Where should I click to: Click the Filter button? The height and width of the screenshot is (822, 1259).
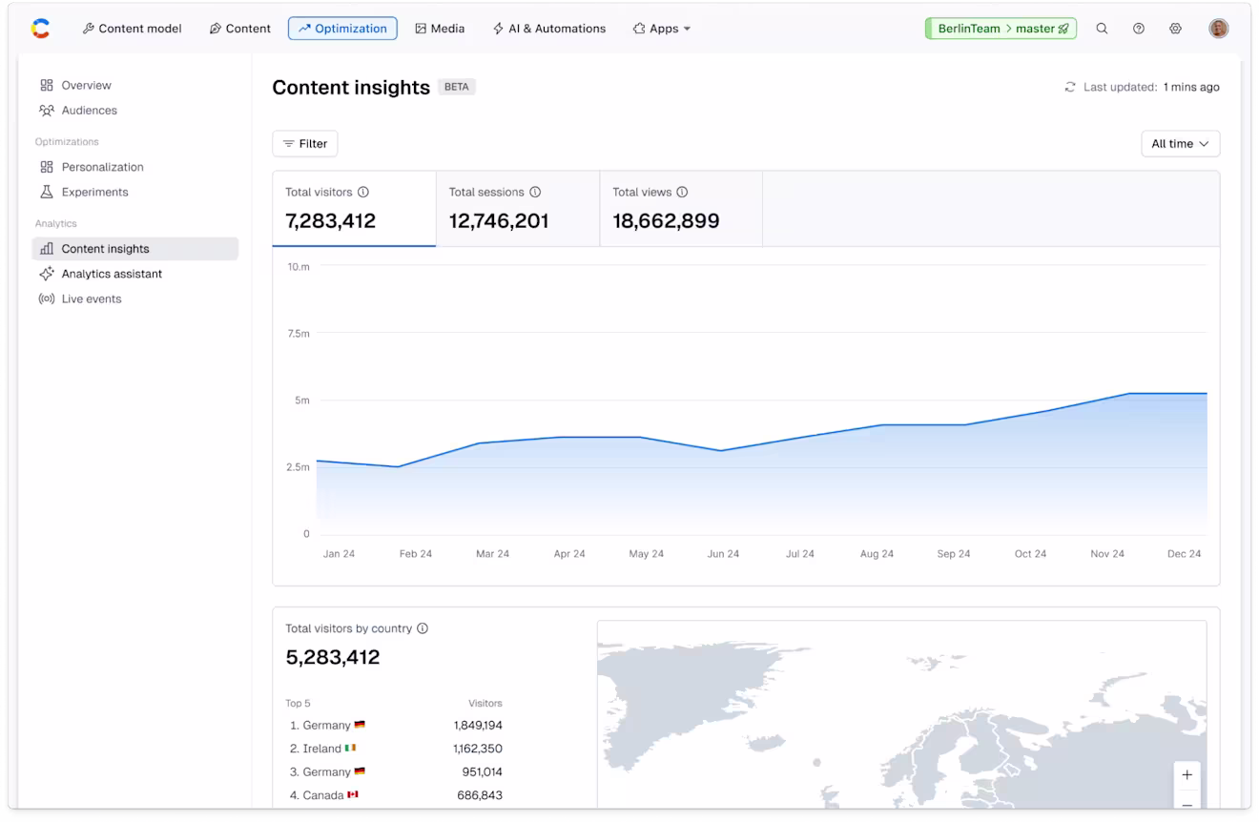point(304,144)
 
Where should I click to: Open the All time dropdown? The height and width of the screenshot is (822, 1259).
point(1180,144)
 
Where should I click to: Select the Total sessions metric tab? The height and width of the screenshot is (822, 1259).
point(517,209)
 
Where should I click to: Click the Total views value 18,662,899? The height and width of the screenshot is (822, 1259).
point(666,221)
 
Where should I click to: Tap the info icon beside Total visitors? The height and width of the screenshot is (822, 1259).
point(363,193)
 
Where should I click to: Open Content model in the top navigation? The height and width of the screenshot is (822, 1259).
point(132,29)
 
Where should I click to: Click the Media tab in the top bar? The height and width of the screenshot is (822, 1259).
point(440,29)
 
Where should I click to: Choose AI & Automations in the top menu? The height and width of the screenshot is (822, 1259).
point(549,29)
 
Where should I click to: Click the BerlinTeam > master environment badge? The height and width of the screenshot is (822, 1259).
point(1001,29)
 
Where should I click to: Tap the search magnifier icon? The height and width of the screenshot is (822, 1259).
point(1102,29)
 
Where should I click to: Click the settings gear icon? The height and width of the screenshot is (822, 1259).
point(1175,29)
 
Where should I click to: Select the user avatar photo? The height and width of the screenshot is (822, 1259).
point(1218,29)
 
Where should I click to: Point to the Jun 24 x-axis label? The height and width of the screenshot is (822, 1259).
point(723,554)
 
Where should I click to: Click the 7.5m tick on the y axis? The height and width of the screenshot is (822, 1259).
point(299,334)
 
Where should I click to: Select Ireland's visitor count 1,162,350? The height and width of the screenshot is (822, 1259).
point(477,749)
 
